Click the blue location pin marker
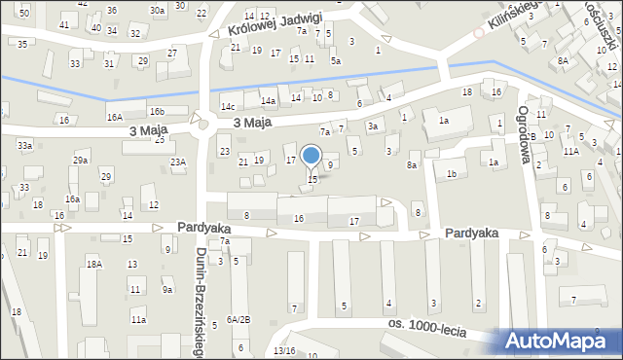point(311,156)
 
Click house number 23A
point(177,162)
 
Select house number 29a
point(80,160)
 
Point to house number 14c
point(228,106)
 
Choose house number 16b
point(156,111)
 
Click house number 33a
point(24,145)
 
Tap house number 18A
point(93,264)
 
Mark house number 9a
point(167,289)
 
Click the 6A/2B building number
point(238,319)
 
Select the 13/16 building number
point(283,350)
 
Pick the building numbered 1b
point(451,174)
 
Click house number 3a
point(372,126)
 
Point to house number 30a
point(156,10)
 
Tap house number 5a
point(335,60)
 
